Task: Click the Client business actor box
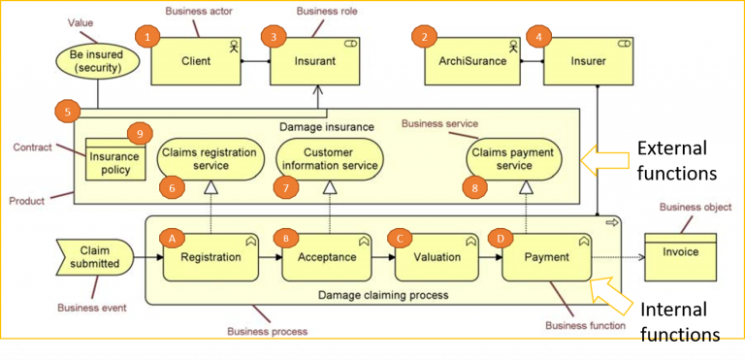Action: pos(196,60)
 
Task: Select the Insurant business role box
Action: pos(315,60)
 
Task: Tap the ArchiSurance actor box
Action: pos(472,60)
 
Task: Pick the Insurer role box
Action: pos(587,60)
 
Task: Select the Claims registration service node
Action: pos(210,158)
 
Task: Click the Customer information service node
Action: pos(328,158)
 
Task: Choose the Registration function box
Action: pos(211,257)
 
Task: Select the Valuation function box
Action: pos(437,257)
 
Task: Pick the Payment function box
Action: pos(548,257)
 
